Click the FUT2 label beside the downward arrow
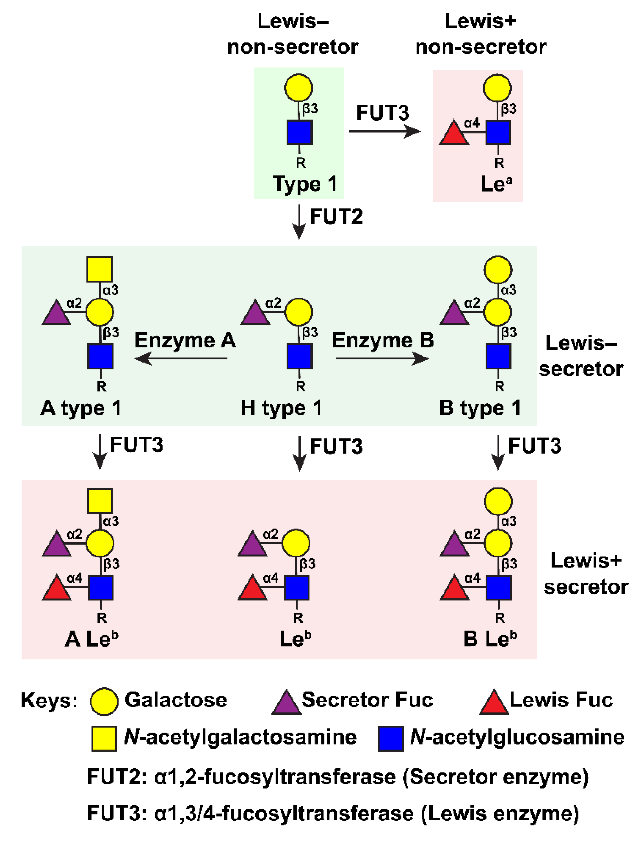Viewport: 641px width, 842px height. point(336,216)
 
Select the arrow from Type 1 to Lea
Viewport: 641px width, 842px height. point(384,131)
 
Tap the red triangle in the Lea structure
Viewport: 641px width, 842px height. point(454,133)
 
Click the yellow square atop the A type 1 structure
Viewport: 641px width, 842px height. point(100,269)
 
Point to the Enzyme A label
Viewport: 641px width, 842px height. point(185,340)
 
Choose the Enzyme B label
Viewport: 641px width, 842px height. point(383,340)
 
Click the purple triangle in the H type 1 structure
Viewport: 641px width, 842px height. point(255,313)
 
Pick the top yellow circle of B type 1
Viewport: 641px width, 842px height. point(498,269)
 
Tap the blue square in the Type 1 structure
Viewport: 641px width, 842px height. point(300,133)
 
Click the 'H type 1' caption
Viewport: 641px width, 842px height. point(282,408)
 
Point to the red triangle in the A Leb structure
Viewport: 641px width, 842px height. point(57,588)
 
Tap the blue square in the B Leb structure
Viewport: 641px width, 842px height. point(498,587)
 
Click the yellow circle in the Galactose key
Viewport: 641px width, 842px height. point(104,702)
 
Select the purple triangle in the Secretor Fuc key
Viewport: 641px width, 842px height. point(286,702)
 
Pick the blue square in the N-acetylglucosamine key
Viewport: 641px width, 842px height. point(390,739)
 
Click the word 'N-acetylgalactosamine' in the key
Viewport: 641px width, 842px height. point(240,737)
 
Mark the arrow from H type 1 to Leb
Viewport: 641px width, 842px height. point(300,454)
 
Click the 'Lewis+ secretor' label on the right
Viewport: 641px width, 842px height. point(586,574)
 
